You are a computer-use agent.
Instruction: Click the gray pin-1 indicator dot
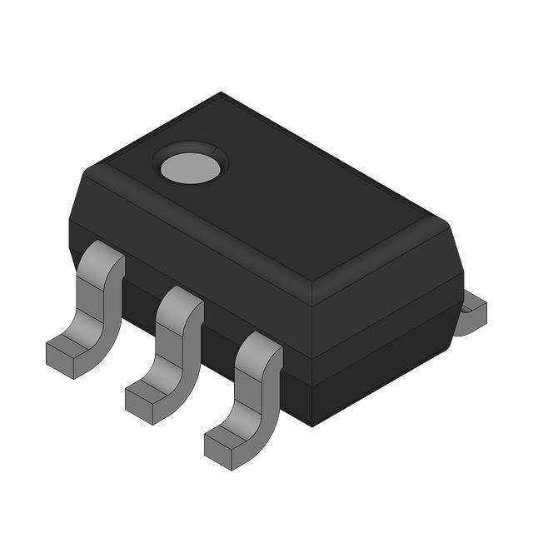pos(191,167)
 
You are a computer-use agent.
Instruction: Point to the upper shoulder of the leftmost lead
pos(103,257)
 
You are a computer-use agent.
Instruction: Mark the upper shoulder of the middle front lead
pos(182,301)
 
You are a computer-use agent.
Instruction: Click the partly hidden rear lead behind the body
pos(472,312)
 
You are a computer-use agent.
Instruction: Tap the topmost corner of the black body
pos(221,94)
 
